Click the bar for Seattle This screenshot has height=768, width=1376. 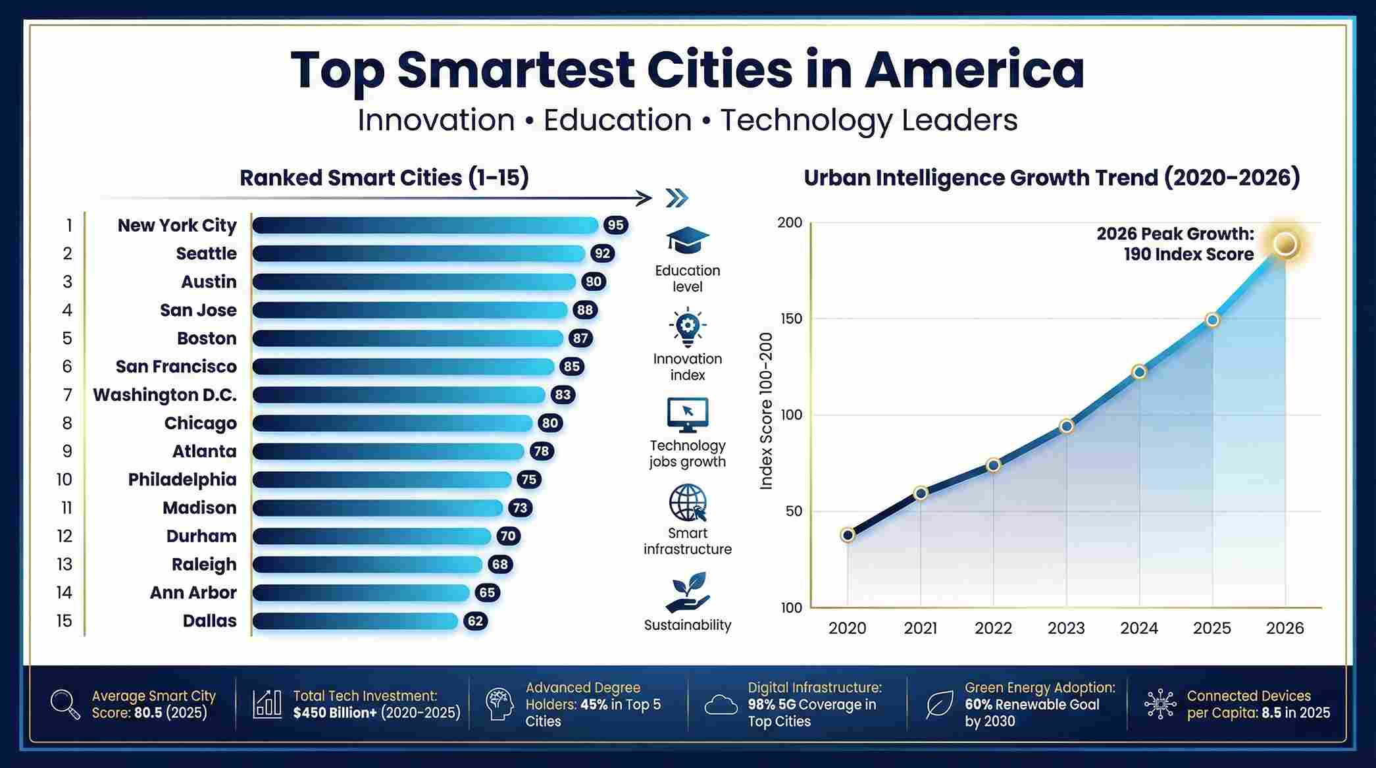click(x=419, y=253)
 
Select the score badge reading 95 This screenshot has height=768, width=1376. click(x=615, y=225)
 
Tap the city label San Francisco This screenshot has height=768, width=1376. click(x=176, y=367)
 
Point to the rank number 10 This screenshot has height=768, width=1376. click(x=64, y=479)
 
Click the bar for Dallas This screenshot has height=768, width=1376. click(x=355, y=621)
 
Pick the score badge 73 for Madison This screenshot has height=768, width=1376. click(x=520, y=507)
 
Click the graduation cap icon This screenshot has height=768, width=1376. click(x=687, y=240)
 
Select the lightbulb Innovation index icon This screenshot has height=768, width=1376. click(x=687, y=326)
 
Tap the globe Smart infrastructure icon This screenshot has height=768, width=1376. click(x=687, y=503)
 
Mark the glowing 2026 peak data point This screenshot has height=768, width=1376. click(x=1285, y=244)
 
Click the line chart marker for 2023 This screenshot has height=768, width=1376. click(x=1067, y=426)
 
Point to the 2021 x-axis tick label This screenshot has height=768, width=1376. click(x=920, y=628)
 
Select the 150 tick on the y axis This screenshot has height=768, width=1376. click(x=791, y=319)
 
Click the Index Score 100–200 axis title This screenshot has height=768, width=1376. click(x=766, y=411)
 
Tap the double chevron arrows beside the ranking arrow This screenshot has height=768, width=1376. click(x=676, y=197)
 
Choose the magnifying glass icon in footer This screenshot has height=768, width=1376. click(x=65, y=704)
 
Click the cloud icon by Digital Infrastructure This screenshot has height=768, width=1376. click(x=721, y=705)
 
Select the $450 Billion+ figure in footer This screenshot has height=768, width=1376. click(x=336, y=713)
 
